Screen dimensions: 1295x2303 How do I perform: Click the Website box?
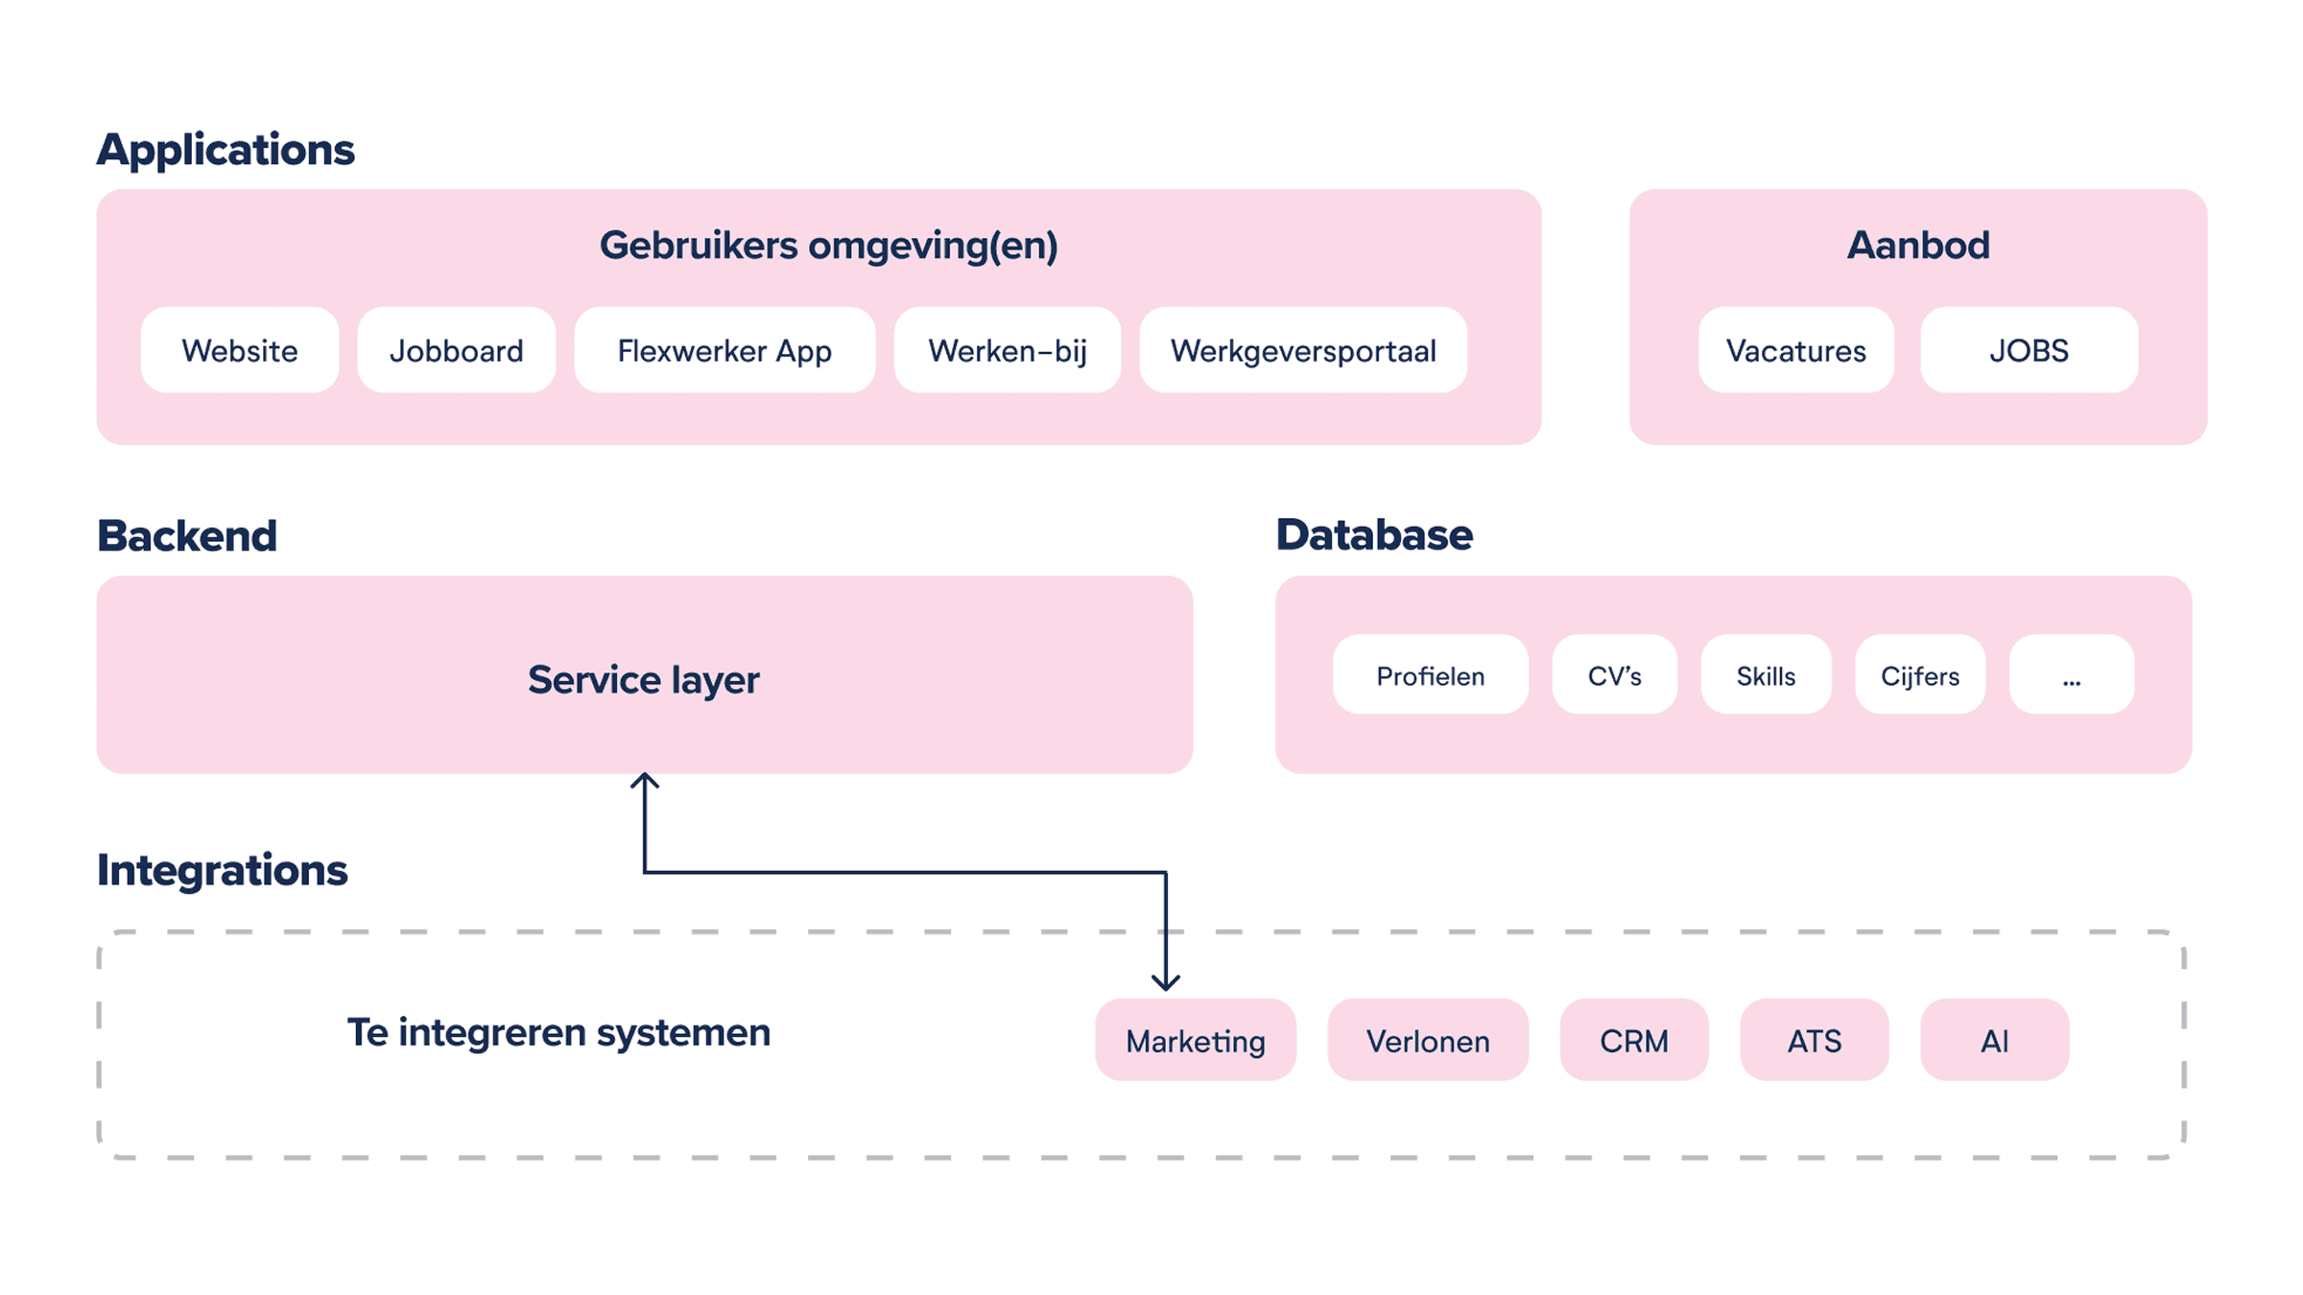tap(240, 350)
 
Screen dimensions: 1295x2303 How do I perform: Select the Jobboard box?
tap(457, 350)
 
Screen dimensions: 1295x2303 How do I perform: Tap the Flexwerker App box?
tap(724, 350)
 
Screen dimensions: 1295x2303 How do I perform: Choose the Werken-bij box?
tap(1008, 350)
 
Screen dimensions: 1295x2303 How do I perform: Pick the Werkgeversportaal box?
tap(1303, 350)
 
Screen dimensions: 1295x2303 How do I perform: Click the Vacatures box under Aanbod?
tap(1796, 350)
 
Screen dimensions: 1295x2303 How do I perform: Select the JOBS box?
tap(2029, 350)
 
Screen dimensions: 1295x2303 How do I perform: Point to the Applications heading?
tap(226, 150)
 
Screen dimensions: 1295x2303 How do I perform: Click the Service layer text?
tap(643, 679)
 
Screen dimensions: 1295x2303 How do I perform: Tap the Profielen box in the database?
tap(1430, 675)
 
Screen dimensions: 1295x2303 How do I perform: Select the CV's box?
tap(1615, 675)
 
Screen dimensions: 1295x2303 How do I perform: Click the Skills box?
tap(1766, 675)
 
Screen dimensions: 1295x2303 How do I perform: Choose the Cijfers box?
tap(1920, 675)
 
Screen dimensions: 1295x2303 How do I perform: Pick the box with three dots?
tap(2072, 675)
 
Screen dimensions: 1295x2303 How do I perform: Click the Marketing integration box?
tap(1196, 1040)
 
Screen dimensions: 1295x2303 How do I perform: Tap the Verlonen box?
tap(1428, 1040)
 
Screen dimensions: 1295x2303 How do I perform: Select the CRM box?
tap(1634, 1040)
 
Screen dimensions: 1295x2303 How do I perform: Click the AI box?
tap(1994, 1040)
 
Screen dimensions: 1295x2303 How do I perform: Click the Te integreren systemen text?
tap(558, 1032)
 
